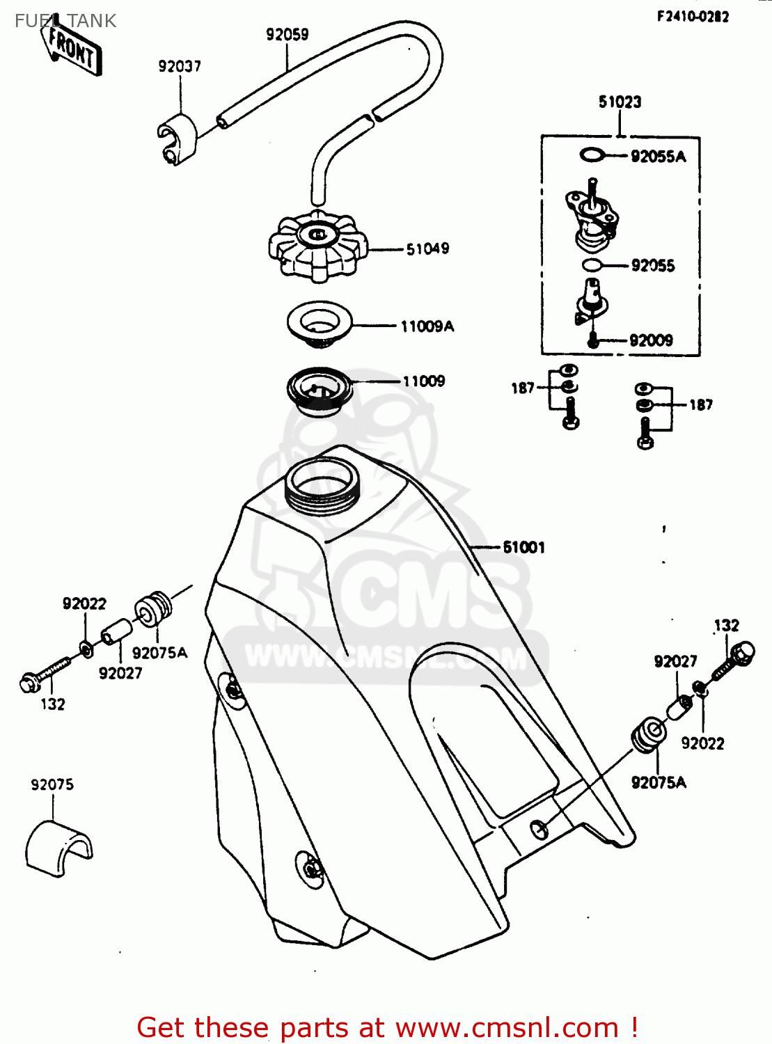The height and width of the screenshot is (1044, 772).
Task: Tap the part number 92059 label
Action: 287,34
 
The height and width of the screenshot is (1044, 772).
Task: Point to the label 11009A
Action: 427,326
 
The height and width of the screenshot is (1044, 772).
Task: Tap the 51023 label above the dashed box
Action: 620,102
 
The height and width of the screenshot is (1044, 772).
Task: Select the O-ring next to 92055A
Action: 592,155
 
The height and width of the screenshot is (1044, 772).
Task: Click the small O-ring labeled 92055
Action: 591,265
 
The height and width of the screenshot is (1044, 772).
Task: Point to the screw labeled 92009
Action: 592,340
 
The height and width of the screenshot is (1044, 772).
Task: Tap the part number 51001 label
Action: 524,547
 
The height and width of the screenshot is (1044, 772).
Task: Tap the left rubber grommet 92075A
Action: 153,608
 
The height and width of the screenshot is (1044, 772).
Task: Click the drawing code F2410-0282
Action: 693,16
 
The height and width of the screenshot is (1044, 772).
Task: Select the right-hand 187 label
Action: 700,404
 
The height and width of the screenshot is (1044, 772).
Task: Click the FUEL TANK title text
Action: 65,21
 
